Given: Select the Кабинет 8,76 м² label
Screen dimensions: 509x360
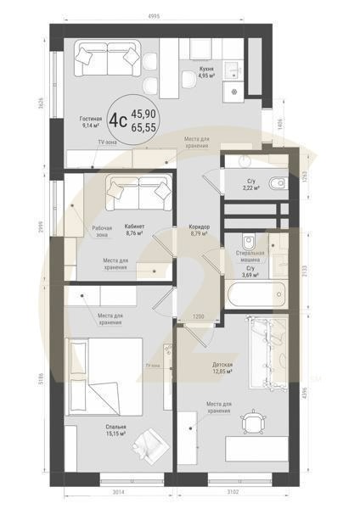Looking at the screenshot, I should [x=134, y=229].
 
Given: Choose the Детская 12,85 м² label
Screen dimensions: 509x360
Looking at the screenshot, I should [x=222, y=366].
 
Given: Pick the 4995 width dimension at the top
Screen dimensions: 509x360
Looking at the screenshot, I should [x=155, y=15].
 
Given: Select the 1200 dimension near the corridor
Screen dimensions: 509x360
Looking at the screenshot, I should [x=199, y=317].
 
